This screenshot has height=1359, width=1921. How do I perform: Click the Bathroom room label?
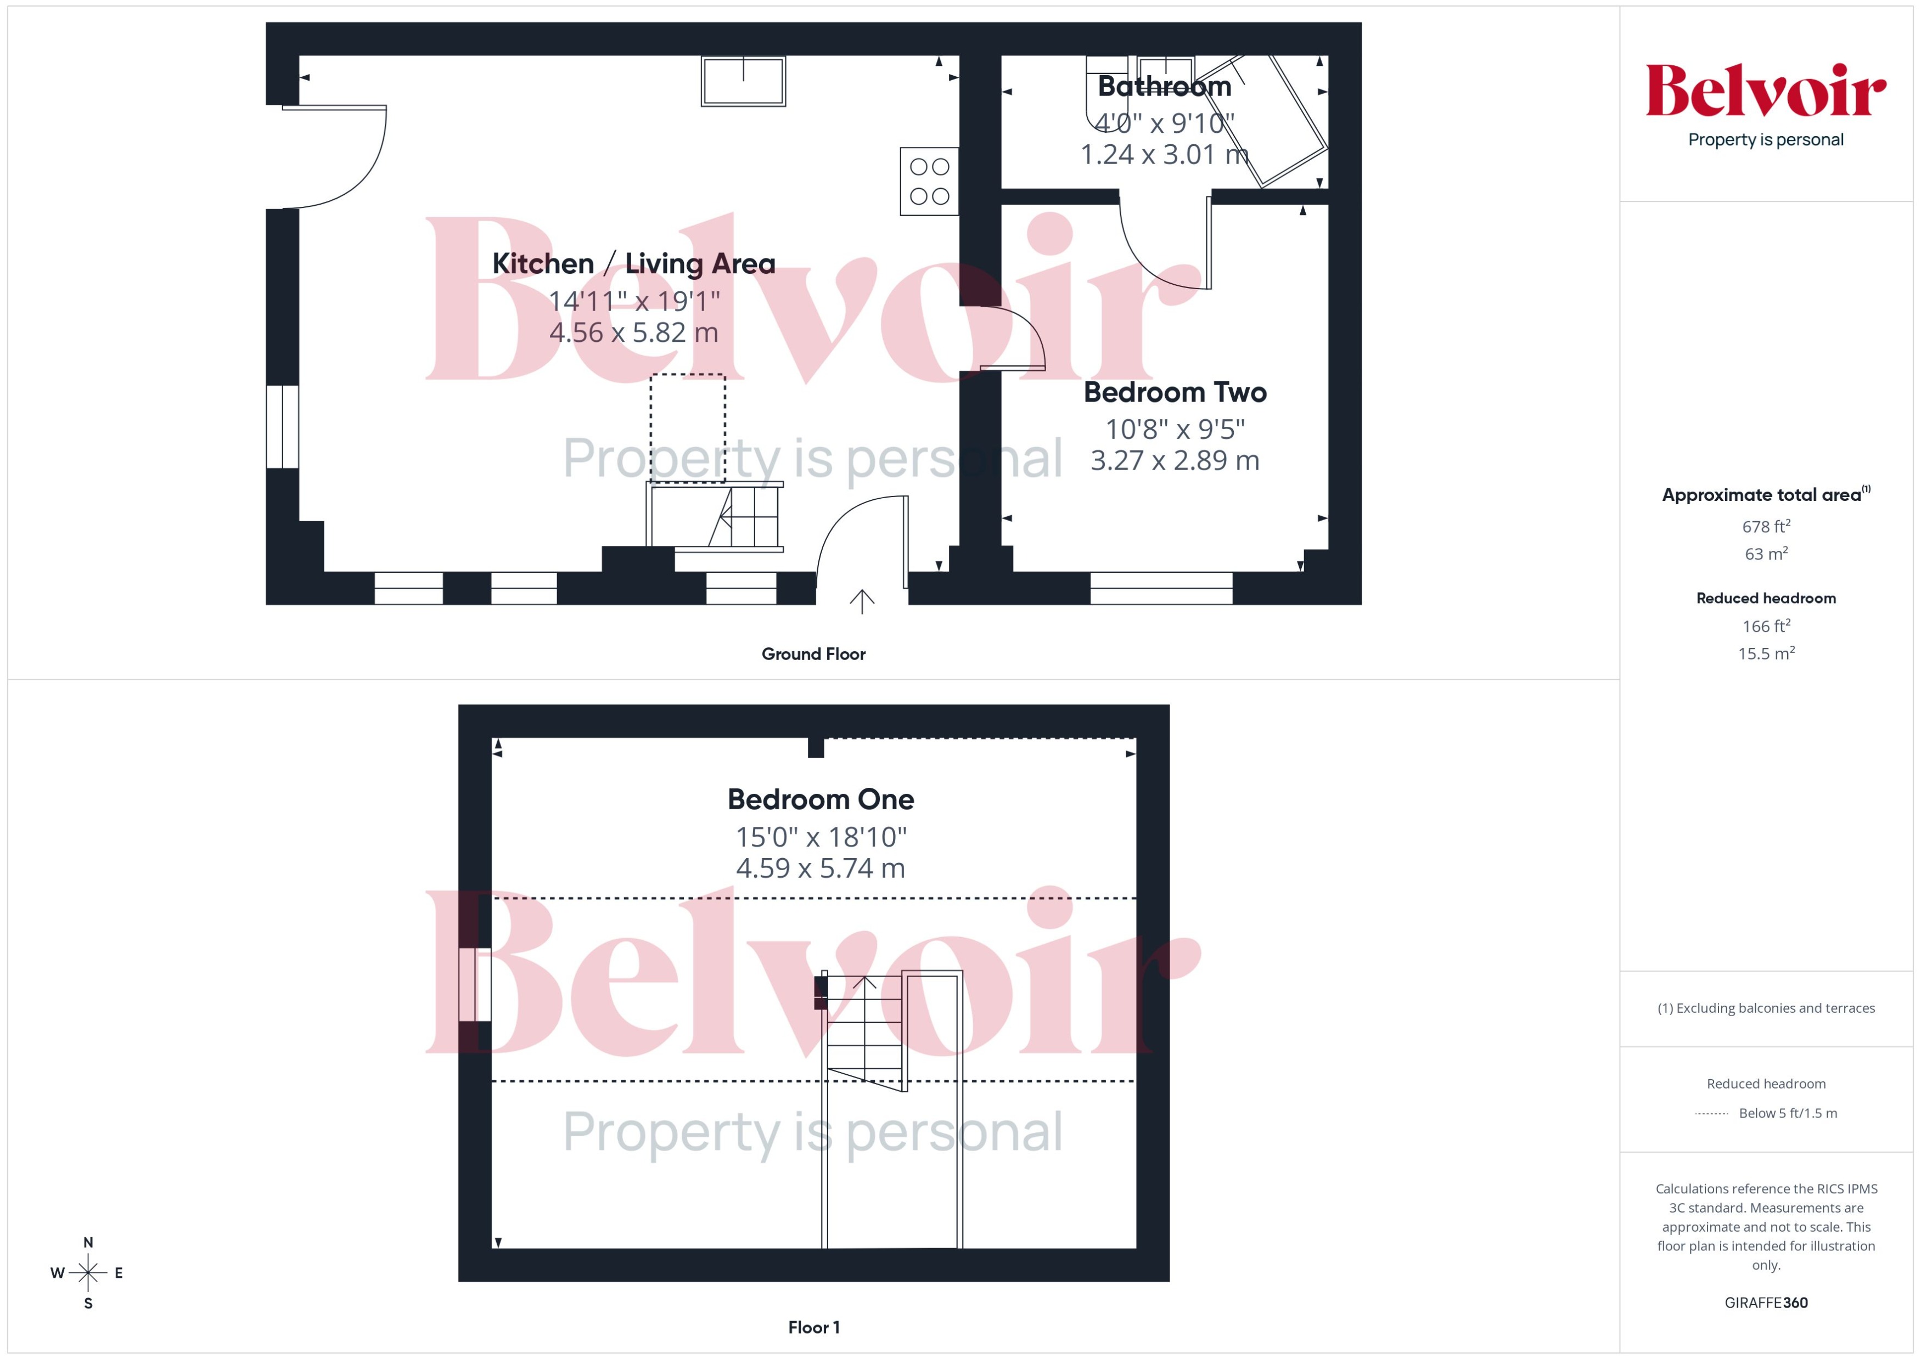pos(1164,86)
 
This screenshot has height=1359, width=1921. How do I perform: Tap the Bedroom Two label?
pos(1175,392)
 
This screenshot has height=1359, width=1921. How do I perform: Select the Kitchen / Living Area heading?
pos(633,263)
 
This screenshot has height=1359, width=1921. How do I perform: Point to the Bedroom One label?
pos(821,799)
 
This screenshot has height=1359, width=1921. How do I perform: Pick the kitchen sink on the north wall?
pos(743,81)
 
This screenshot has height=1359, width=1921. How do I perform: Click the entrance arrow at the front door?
pos(861,601)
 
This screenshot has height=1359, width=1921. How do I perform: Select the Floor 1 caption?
pos(813,1327)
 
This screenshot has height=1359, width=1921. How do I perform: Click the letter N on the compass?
pos(88,1243)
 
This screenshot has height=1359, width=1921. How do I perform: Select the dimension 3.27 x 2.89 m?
pos(1175,460)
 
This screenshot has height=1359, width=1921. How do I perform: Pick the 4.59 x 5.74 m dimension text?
pos(821,869)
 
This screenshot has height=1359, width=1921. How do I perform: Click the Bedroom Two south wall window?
pos(1161,588)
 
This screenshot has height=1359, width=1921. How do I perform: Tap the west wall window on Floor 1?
pos(475,984)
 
